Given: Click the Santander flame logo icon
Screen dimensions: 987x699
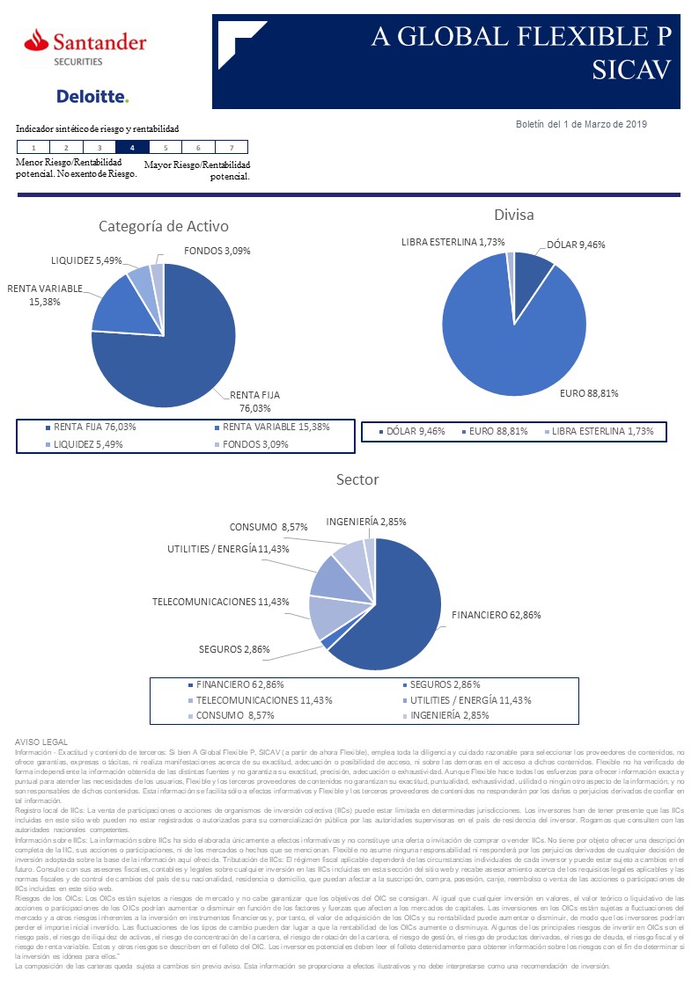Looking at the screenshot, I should pyautogui.click(x=36, y=40).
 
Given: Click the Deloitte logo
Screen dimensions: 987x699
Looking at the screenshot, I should pyautogui.click(x=92, y=96).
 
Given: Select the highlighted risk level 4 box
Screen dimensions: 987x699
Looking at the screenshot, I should pyautogui.click(x=132, y=148).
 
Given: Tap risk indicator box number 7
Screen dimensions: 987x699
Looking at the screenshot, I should pyautogui.click(x=231, y=148).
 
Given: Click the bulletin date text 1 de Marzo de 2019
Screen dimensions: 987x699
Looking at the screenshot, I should pyautogui.click(x=581, y=125).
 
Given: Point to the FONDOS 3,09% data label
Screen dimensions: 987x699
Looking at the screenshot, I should pyautogui.click(x=217, y=251).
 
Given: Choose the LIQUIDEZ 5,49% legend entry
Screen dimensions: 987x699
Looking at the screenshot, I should pyautogui.click(x=87, y=444).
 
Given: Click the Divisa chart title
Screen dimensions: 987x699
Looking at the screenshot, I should pyautogui.click(x=514, y=215).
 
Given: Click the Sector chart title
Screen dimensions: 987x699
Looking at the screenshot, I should pyautogui.click(x=357, y=479).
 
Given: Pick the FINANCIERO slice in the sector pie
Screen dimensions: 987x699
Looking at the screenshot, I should pyautogui.click(x=396, y=607).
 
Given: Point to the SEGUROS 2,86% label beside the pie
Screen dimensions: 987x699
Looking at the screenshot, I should pyautogui.click(x=234, y=649).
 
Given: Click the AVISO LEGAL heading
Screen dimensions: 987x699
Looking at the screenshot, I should pyautogui.click(x=41, y=742).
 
